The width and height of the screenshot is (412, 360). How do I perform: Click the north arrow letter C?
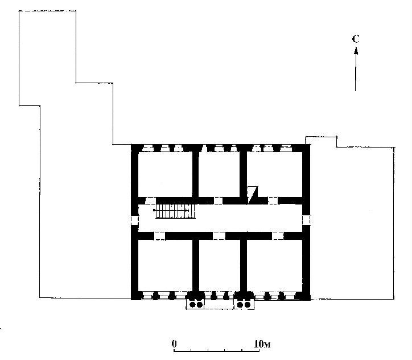coord(356,39)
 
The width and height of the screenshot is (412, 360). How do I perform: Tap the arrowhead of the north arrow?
coord(356,51)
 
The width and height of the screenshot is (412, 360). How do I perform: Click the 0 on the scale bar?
coord(174,343)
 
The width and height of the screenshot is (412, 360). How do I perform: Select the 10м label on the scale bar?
coord(262,343)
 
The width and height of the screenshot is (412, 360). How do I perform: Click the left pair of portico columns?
coord(196,305)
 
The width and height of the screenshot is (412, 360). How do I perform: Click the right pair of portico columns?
coord(244,305)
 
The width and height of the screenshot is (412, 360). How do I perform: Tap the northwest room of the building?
coord(165,174)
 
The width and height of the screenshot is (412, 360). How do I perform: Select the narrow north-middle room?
coord(219,174)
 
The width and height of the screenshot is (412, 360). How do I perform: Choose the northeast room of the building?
coord(275,174)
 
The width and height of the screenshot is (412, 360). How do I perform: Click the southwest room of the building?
coord(165,265)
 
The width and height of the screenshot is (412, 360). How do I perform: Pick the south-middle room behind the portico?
coord(220,265)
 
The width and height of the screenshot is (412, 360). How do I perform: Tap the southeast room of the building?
coord(275,265)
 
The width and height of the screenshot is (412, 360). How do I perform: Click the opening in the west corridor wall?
coord(135,220)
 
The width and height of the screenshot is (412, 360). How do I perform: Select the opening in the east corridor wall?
coord(306,220)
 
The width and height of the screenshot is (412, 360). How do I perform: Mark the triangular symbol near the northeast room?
coord(253,195)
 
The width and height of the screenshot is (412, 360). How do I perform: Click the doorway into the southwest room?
coord(159,236)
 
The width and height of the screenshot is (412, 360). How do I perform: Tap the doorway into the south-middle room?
coord(219,236)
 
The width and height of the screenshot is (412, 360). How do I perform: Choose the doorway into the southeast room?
coord(278,236)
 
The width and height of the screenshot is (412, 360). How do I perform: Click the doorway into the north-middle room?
coord(218,201)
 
